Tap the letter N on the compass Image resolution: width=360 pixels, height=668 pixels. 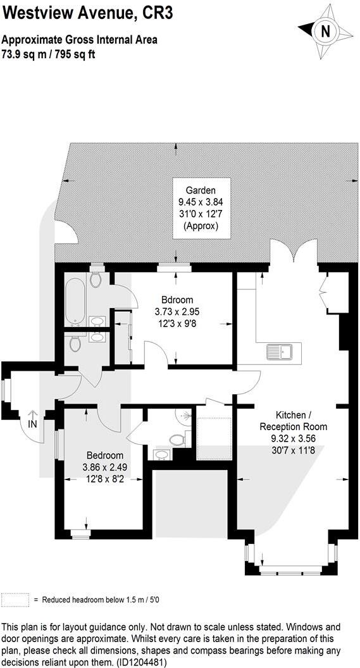(326, 30)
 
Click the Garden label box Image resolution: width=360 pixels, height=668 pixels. (202, 208)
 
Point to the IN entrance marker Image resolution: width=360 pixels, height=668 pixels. (32, 424)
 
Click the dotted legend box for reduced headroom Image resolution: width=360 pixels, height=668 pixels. (15, 599)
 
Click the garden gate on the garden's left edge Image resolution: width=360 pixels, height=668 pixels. (66, 232)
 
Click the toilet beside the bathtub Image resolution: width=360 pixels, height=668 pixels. (96, 279)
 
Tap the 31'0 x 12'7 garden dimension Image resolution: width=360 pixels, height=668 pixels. (202, 214)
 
